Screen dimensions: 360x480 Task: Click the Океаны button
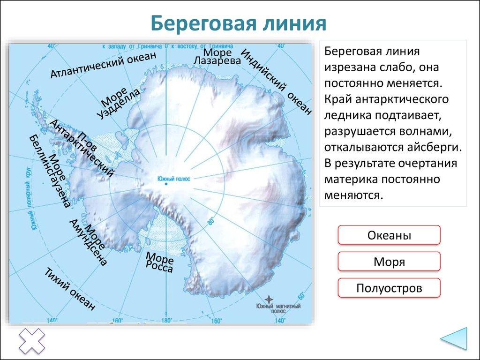coord(389,235)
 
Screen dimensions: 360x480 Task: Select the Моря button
coord(389,262)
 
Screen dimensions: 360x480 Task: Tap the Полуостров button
coord(389,288)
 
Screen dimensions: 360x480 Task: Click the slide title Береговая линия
coord(239,23)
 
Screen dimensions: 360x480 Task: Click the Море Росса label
coord(160,262)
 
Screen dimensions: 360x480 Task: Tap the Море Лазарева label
coord(217,56)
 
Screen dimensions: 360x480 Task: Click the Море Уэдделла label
coord(119,102)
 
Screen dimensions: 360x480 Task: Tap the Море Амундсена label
coord(88,241)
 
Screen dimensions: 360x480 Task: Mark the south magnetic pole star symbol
coord(269,299)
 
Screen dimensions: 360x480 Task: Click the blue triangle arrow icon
coord(454,338)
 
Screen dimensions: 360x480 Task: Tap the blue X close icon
coord(31,341)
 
